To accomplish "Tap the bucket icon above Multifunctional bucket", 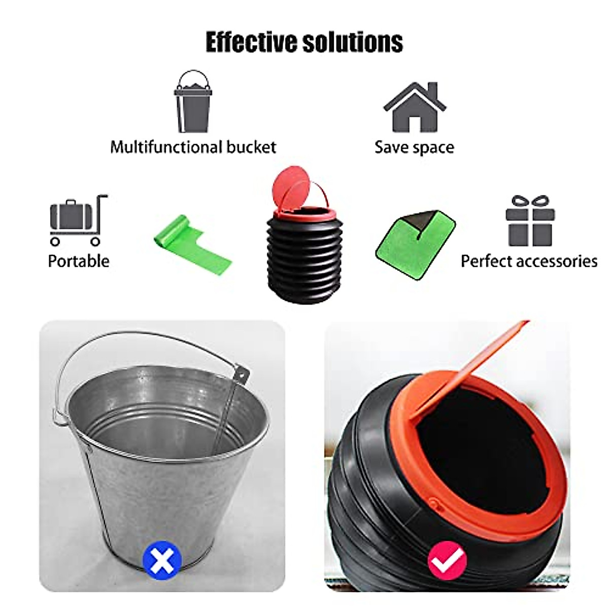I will (x=192, y=103).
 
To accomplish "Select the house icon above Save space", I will (x=414, y=108).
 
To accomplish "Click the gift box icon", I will (x=529, y=221).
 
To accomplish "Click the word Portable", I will (x=78, y=261).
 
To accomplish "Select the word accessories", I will (x=557, y=261).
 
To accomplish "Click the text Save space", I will (x=414, y=147).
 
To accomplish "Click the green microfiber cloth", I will (x=415, y=240).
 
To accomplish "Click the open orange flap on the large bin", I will (x=472, y=365).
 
